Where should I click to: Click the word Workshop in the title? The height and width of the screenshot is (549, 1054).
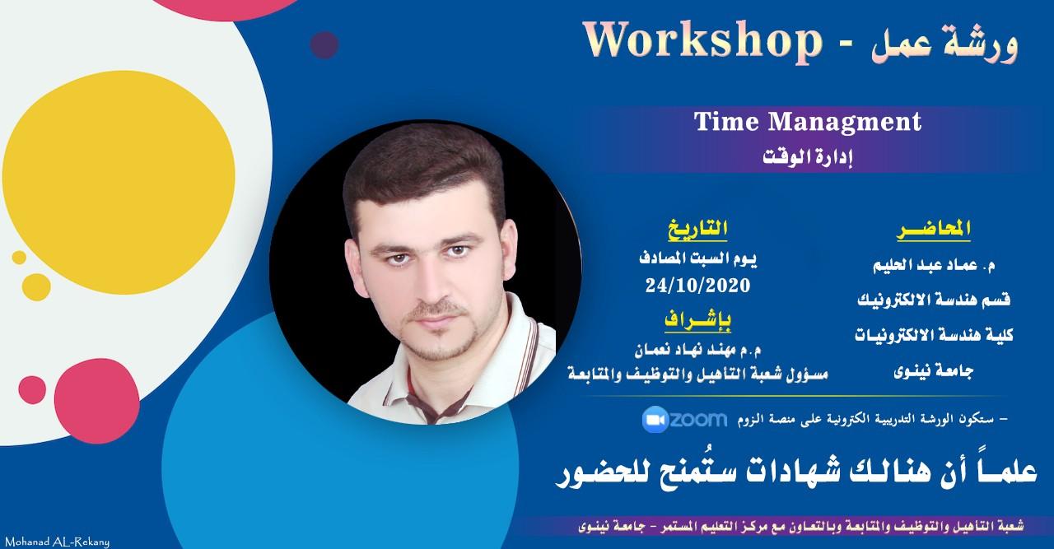tap(702, 41)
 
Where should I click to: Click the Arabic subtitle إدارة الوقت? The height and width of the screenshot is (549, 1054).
tap(808, 156)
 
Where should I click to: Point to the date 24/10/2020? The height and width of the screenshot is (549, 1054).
tap(697, 285)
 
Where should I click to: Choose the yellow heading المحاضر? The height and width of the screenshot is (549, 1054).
tap(934, 230)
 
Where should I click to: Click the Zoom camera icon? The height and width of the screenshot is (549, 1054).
tap(655, 419)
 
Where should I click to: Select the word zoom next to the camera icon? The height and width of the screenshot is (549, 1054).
tap(698, 419)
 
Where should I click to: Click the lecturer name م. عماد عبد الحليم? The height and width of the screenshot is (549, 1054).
tap(934, 266)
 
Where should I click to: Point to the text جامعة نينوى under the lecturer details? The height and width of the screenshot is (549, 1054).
tap(934, 372)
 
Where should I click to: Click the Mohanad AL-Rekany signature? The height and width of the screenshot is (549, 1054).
tap(57, 542)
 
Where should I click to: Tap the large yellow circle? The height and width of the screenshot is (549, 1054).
tap(118, 182)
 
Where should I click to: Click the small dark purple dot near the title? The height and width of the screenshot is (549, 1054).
tap(324, 45)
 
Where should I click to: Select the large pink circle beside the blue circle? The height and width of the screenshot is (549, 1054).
tap(96, 402)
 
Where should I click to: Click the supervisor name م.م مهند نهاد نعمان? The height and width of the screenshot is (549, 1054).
tap(697, 349)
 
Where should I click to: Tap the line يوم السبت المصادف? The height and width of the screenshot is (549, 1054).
tap(697, 258)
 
